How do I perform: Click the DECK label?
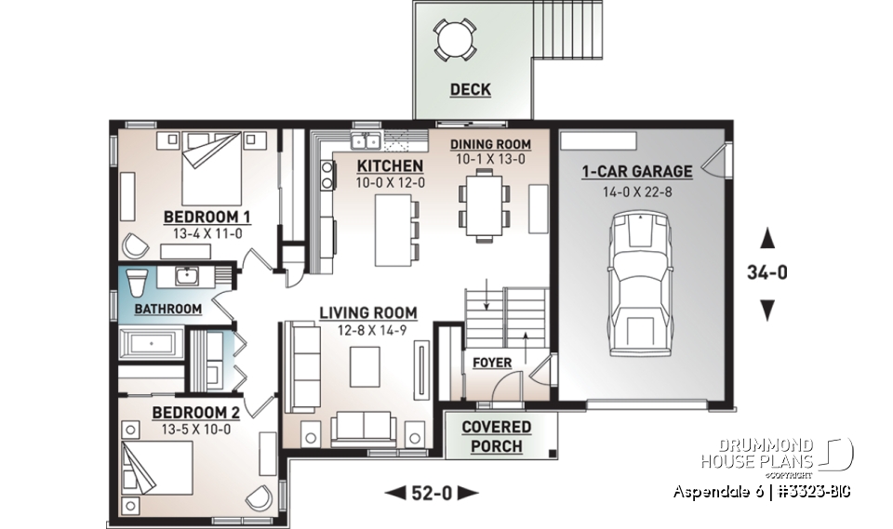point(471,90)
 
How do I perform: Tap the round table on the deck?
point(455,39)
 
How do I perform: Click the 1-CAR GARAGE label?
point(637,171)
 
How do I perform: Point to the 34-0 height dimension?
point(767,274)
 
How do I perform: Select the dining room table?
point(484,205)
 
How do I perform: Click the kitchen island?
point(391,229)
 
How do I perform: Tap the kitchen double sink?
point(364,141)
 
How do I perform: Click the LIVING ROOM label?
point(368,313)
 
